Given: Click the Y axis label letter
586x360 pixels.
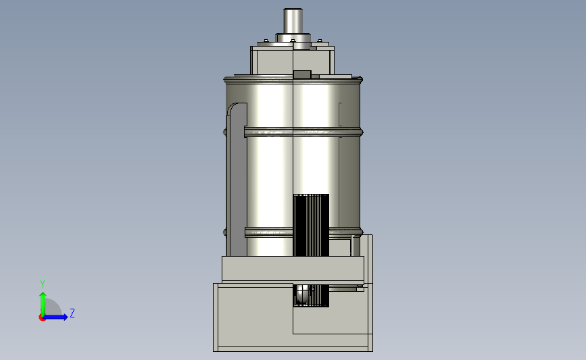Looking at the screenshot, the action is (x=43, y=284).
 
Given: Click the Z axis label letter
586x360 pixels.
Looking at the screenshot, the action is (x=72, y=313).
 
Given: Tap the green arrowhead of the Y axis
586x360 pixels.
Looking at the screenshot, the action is (x=43, y=296).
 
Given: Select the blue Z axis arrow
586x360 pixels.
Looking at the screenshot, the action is (x=55, y=317).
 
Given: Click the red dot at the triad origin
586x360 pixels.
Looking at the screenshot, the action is (x=42, y=318).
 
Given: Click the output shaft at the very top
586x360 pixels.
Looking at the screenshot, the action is (x=293, y=21).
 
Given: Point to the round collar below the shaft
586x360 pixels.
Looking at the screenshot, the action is (x=293, y=38).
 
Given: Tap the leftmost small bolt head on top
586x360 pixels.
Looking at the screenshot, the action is (x=266, y=41).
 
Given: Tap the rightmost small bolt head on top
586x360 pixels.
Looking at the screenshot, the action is (x=320, y=41).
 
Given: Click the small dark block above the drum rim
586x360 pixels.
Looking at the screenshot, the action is (x=302, y=74).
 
